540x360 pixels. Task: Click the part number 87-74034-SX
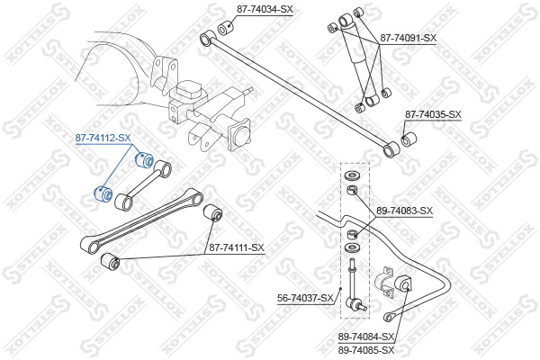[265, 9]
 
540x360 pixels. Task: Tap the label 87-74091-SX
[408, 38]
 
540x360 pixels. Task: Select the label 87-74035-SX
[433, 114]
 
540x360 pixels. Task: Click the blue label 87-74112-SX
[103, 138]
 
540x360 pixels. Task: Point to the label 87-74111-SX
[237, 247]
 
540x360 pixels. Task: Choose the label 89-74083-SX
[404, 211]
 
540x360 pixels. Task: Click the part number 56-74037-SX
[305, 298]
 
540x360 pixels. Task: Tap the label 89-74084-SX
[365, 337]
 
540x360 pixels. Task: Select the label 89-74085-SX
[365, 351]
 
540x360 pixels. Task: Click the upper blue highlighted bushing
[143, 159]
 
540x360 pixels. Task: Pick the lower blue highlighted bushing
[103, 194]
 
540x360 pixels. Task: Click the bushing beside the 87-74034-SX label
[226, 28]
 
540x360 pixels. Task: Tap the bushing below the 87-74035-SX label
[409, 139]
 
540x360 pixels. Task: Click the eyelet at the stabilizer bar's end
[389, 317]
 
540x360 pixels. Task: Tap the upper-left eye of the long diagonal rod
[208, 37]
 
